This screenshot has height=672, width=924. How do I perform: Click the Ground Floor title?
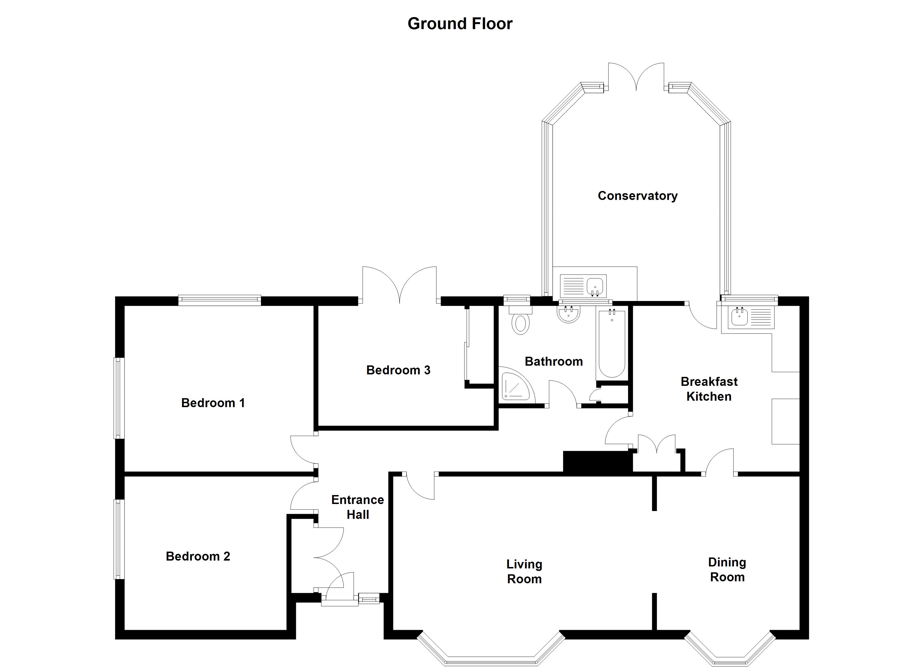coord(460,24)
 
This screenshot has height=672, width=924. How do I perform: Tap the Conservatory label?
coord(637,196)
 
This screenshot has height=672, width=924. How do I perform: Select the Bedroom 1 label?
coord(213,403)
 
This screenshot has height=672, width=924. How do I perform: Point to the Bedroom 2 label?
coord(198,556)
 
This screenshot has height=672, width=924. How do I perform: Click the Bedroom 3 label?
coord(398,370)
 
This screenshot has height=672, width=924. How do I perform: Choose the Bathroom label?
coord(554,361)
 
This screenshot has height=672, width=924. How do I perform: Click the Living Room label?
coord(524,571)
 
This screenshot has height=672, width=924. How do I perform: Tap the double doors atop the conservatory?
coord(636,78)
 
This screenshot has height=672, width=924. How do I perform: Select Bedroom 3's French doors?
coord(399,285)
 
